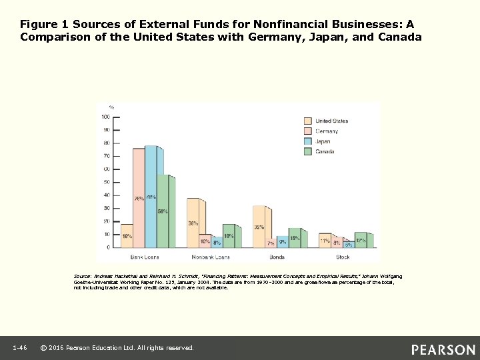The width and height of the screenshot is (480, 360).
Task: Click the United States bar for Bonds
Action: point(259,227)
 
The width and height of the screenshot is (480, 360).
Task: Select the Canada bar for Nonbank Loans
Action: point(229,236)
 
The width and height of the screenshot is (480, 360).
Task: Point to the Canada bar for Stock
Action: point(361,240)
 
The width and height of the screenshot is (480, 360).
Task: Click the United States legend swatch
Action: point(307,121)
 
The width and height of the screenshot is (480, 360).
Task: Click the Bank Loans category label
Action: point(145,256)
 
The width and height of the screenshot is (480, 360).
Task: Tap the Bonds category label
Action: point(276,256)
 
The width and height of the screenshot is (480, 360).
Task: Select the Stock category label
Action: point(342,256)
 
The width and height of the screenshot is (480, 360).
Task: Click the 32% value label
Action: point(258,227)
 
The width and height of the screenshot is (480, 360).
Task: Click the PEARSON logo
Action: point(443,349)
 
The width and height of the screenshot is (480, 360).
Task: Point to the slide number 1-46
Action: point(19,348)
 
